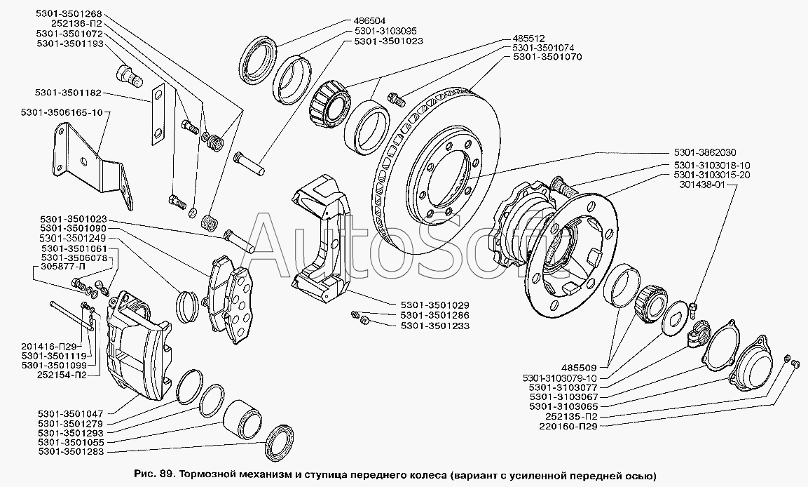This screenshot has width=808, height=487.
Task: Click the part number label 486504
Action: (x=369, y=22)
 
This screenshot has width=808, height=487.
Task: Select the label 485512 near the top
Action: (x=530, y=39)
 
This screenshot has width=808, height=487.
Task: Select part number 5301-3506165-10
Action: (x=62, y=112)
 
